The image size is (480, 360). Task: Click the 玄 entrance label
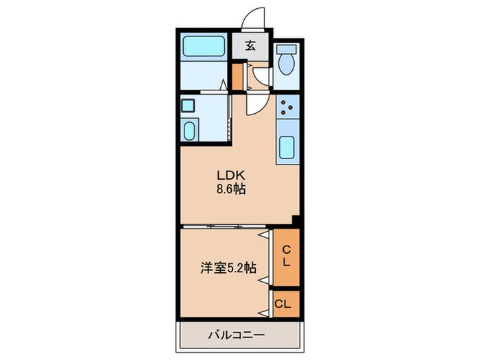click(250, 47)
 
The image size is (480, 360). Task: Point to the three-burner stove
click(287, 106)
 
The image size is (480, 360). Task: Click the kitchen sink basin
click(287, 147)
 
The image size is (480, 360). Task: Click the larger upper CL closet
click(286, 256)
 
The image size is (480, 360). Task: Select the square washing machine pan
click(188, 106)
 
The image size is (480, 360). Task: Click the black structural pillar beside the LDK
click(296, 220)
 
